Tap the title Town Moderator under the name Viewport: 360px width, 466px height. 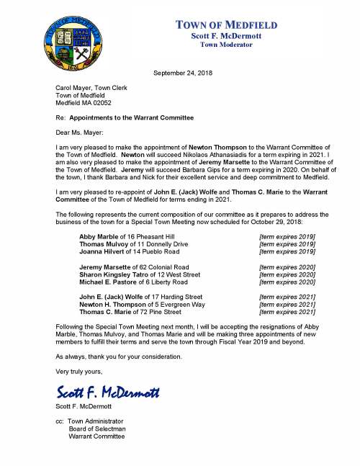227,45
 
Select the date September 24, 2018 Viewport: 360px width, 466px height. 184,73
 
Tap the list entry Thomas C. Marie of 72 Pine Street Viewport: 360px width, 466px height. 130,312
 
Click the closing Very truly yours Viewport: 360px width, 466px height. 78,372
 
